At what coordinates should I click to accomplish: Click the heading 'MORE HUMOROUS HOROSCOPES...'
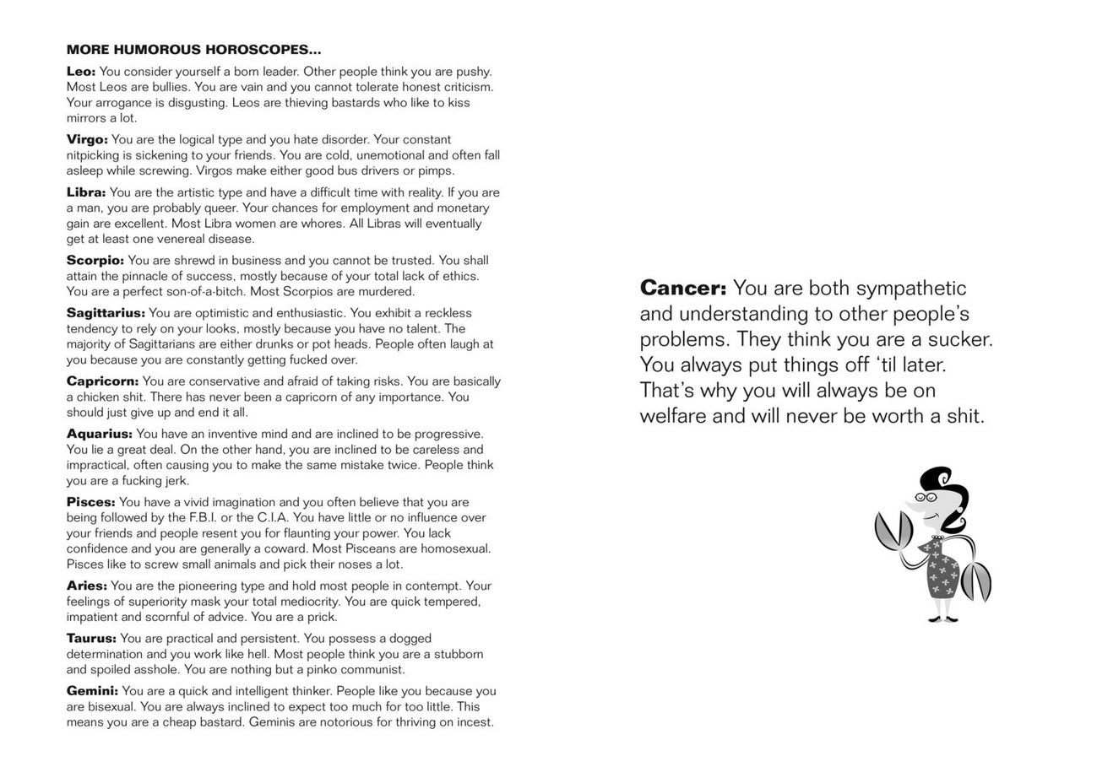pos(193,51)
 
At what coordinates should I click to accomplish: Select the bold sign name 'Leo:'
pos(81,72)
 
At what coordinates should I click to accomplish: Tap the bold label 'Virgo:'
pos(87,139)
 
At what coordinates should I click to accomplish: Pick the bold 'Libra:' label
pos(86,192)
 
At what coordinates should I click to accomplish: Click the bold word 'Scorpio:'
pos(95,261)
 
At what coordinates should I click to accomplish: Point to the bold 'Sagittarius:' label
pos(106,313)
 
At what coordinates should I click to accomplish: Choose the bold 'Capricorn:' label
pos(102,381)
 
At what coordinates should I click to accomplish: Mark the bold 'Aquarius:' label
pos(100,434)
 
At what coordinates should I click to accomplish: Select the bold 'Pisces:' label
pos(90,502)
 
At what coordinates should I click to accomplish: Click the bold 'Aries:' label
pos(87,586)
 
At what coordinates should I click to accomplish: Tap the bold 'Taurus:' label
pos(91,639)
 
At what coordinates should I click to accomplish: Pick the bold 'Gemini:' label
pos(92,691)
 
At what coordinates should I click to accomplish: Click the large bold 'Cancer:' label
pos(682,289)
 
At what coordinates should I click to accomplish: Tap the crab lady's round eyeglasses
pos(927,497)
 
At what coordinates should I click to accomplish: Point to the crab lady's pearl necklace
pos(937,537)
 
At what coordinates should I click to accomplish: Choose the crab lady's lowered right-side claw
pos(976,581)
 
